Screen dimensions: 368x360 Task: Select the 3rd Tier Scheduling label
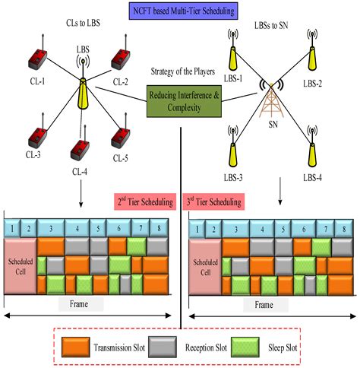pyautogui.click(x=213, y=202)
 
